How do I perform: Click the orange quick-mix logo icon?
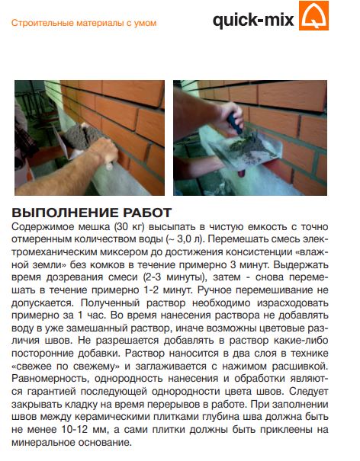pyautogui.click(x=313, y=15)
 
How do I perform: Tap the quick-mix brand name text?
pyautogui.click(x=253, y=20)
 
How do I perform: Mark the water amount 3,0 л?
pyautogui.click(x=190, y=239)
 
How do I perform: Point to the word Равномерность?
pyautogui.click(x=50, y=379)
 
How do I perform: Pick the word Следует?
pyautogui.click(x=308, y=392)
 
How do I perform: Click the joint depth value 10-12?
pyautogui.click(x=75, y=430)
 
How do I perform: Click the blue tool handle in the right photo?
pyautogui.click(x=235, y=123)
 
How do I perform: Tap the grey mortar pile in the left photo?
pyautogui.click(x=82, y=136)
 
